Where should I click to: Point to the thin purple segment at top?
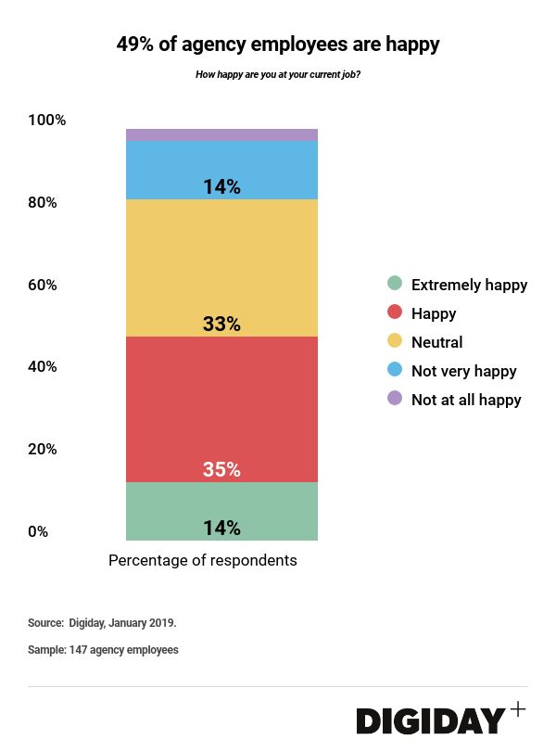coord(221,134)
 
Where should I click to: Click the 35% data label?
coord(221,470)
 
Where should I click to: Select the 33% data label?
coord(221,325)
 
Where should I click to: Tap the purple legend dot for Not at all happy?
coord(395,399)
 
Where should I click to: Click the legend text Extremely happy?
coord(469,285)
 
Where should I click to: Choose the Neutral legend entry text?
coord(436,342)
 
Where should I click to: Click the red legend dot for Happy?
coord(395,313)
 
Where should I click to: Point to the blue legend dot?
coord(395,370)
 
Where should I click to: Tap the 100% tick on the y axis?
coord(47,121)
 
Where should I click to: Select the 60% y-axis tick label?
coord(43,285)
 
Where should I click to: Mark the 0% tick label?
coord(39,532)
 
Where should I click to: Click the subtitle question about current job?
coord(278,74)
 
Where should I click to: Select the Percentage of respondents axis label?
coord(203,561)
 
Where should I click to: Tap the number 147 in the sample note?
coord(79,650)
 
